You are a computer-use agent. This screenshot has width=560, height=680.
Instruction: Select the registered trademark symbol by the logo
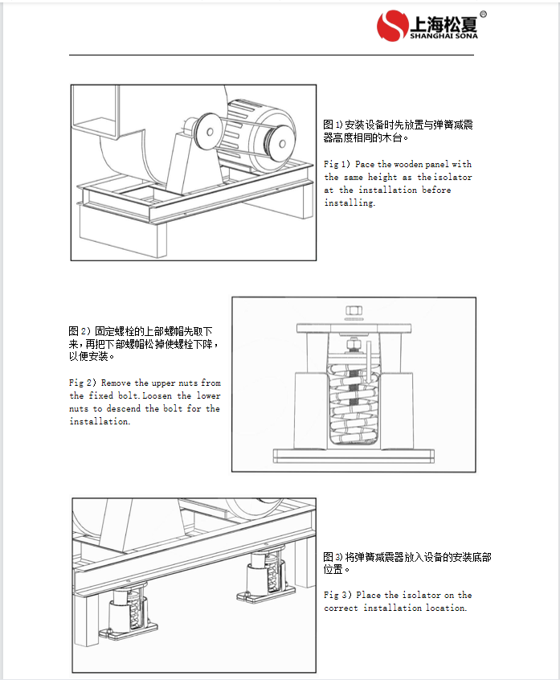[483, 14]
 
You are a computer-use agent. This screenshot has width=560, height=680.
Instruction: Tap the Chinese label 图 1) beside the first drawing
[333, 125]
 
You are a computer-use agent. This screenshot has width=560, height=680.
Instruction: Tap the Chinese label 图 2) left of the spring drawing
[79, 330]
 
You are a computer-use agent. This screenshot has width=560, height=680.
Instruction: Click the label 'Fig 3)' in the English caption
[337, 595]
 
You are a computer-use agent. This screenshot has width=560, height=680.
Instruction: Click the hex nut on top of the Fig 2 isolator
[353, 310]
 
